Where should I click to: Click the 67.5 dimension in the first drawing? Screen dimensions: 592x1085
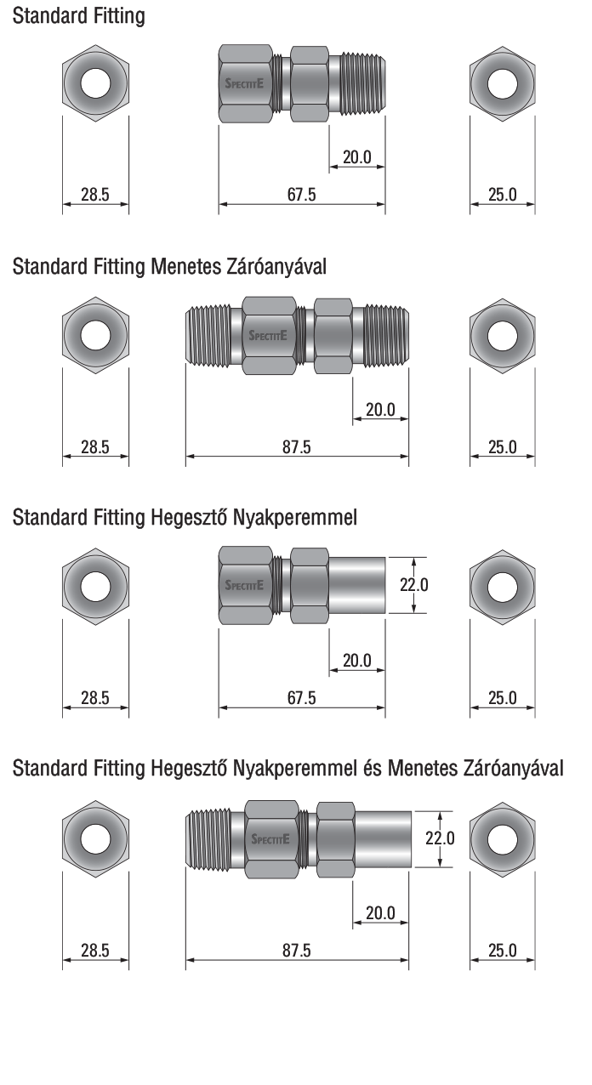click(301, 195)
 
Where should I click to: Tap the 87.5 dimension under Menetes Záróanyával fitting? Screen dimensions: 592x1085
click(297, 446)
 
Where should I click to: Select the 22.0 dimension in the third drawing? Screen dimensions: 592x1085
click(413, 585)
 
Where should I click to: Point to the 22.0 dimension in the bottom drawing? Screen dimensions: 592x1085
click(440, 838)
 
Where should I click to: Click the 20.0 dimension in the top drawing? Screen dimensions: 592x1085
click(357, 157)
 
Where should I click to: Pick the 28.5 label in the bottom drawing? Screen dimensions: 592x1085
click(95, 951)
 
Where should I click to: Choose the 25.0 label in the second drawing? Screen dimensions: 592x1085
click(503, 446)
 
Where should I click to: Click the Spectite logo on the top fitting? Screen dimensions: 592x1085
click(244, 83)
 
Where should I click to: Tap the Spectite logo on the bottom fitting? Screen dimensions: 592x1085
click(270, 839)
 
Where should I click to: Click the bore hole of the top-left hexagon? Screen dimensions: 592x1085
click(96, 83)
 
